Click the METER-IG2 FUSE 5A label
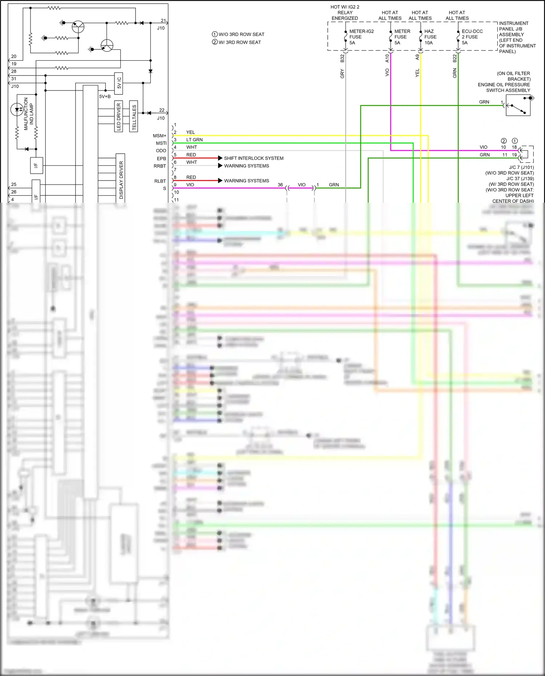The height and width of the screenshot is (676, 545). (361, 37)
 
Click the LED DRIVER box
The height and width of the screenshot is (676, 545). (119, 116)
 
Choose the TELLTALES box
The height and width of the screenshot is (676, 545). (134, 116)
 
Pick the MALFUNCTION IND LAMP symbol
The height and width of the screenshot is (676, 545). (17, 109)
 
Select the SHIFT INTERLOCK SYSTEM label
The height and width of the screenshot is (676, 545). (254, 158)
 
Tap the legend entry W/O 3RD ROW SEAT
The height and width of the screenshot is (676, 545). (238, 35)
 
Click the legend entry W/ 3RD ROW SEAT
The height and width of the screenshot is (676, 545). (237, 42)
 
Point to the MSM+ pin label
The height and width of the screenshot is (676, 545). (160, 136)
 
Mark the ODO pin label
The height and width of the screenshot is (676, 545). (161, 151)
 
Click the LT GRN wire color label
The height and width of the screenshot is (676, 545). (194, 140)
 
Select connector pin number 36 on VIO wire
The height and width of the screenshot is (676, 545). (280, 185)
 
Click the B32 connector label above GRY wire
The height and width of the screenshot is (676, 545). (342, 58)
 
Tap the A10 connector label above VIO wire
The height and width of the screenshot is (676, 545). (387, 58)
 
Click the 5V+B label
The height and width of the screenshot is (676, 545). (105, 97)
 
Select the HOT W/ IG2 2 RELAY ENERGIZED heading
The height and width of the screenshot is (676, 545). (345, 13)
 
